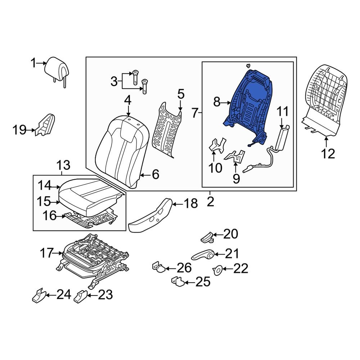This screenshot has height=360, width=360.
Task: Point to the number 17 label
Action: pyautogui.click(x=47, y=253)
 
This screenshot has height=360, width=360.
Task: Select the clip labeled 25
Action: pyautogui.click(x=178, y=281)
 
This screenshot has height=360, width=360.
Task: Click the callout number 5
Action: pyautogui.click(x=181, y=95)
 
